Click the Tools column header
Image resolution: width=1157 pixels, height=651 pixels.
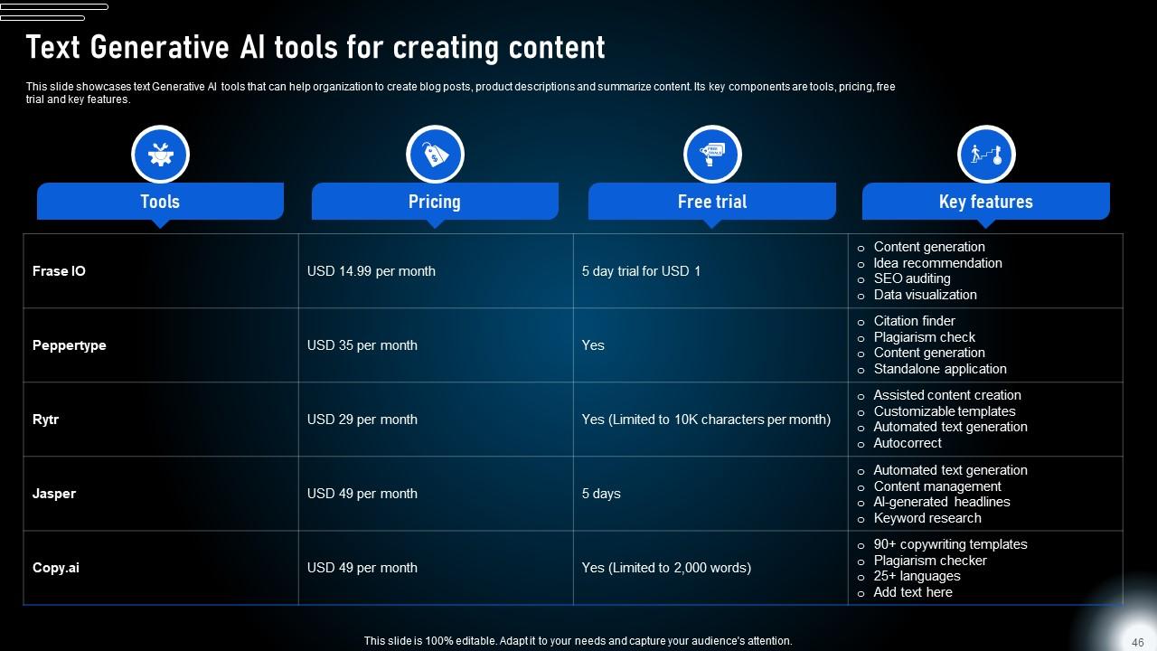coord(160,202)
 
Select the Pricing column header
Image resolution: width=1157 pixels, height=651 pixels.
coord(434,202)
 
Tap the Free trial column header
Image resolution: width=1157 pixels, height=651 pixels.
coord(712,202)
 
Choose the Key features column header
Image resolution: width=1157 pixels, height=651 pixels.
coord(985,202)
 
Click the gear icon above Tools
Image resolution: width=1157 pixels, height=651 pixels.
coord(160,155)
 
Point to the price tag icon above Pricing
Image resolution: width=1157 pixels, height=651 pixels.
coord(435,155)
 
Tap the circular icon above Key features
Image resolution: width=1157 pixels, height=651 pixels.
coord(986,155)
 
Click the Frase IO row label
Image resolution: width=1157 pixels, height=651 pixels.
coord(59,271)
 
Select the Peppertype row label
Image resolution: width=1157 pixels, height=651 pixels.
coord(69,345)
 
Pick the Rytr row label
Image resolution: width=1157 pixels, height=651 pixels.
coord(45,420)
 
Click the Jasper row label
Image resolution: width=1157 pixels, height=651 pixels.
coord(54,494)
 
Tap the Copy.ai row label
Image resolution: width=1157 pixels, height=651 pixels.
coord(56,568)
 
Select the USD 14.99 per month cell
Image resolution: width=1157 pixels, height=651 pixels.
coord(371,271)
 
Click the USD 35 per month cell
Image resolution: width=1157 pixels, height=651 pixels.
coord(362,345)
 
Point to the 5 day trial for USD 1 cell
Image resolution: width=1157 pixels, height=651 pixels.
coord(641,271)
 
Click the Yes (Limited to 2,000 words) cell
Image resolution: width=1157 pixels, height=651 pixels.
coord(666,568)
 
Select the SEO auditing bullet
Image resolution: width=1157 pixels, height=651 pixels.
coord(911,278)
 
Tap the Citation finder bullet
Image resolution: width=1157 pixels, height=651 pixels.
coord(914,321)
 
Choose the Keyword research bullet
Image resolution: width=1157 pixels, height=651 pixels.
coord(927,518)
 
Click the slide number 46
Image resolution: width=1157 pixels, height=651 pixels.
coord(1137,642)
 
